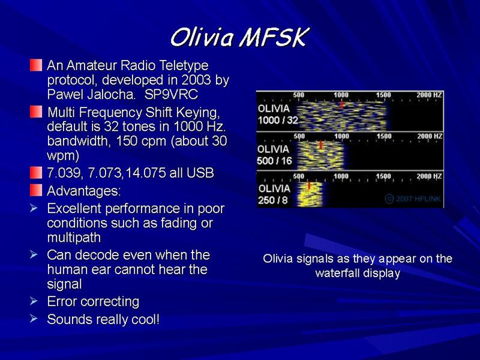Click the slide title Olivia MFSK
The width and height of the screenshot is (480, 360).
click(x=239, y=38)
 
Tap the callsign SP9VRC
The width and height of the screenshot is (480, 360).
click(x=171, y=94)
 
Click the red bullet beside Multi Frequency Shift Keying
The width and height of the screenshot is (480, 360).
click(x=36, y=112)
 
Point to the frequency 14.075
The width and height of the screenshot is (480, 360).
click(x=145, y=173)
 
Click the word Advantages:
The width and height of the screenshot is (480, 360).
click(x=84, y=191)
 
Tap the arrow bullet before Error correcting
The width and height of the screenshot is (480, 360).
click(x=34, y=301)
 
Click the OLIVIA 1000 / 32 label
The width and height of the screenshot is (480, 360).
click(x=278, y=114)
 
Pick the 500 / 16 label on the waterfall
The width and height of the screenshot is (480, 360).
click(x=274, y=161)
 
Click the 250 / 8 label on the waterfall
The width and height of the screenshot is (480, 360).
click(x=273, y=200)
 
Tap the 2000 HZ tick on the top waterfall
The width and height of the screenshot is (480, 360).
click(x=429, y=95)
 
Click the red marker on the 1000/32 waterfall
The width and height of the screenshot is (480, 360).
click(x=341, y=104)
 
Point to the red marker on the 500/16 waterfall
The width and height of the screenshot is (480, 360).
click(x=320, y=145)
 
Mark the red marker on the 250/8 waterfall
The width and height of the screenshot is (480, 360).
click(x=309, y=185)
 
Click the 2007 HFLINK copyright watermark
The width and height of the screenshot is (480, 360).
click(x=413, y=199)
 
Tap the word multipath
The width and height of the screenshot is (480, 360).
click(x=74, y=238)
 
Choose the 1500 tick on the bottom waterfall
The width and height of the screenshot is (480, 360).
click(x=383, y=176)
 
